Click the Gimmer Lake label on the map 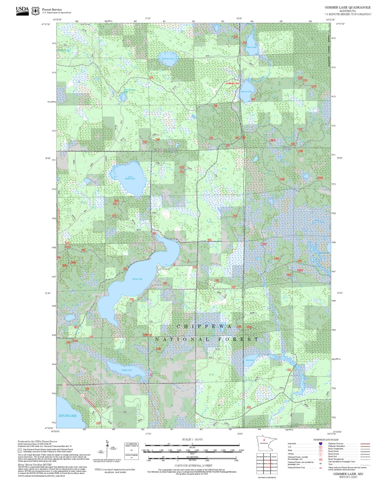[x=168, y=59]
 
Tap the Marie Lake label [x=251, y=47]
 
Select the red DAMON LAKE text [x=232, y=83]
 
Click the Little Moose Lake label [x=130, y=178]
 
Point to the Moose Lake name [x=137, y=279]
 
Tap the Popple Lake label [x=127, y=370]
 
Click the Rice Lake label [x=250, y=360]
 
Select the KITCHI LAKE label [x=67, y=416]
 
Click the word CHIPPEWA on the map [x=204, y=326]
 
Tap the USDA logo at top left [x=22, y=10]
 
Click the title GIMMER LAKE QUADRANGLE [x=348, y=7]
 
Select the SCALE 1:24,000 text [x=192, y=439]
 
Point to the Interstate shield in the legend [x=321, y=444]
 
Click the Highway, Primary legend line [x=365, y=444]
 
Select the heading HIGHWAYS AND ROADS [x=326, y=440]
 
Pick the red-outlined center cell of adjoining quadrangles [x=266, y=463]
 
